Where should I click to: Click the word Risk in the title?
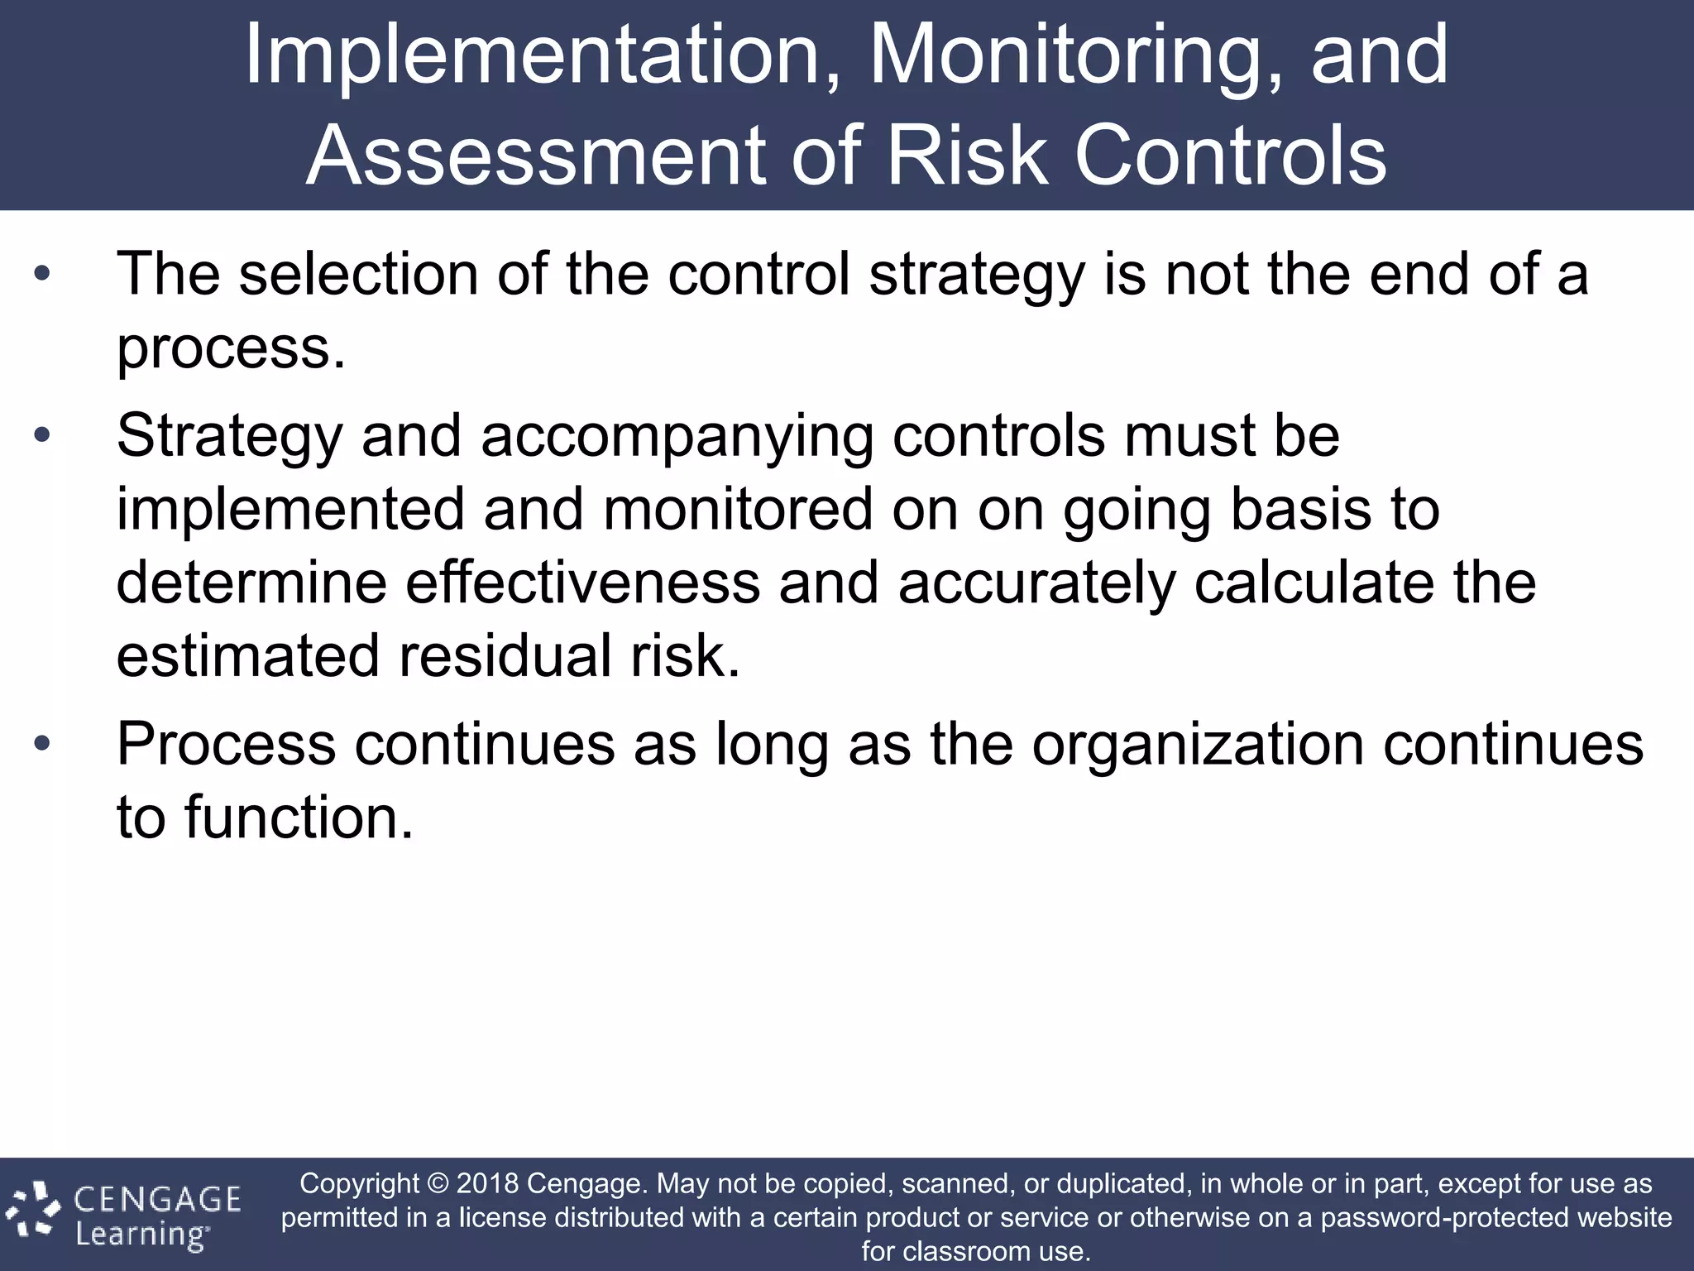(x=969, y=156)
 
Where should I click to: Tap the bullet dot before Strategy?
(x=43, y=435)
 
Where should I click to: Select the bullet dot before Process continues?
(x=43, y=743)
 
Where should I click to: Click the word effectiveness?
(x=582, y=583)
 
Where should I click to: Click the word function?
(x=298, y=817)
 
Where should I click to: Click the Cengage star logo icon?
(x=33, y=1212)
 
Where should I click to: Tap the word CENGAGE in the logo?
(x=158, y=1199)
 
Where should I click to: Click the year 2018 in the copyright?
(x=487, y=1183)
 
